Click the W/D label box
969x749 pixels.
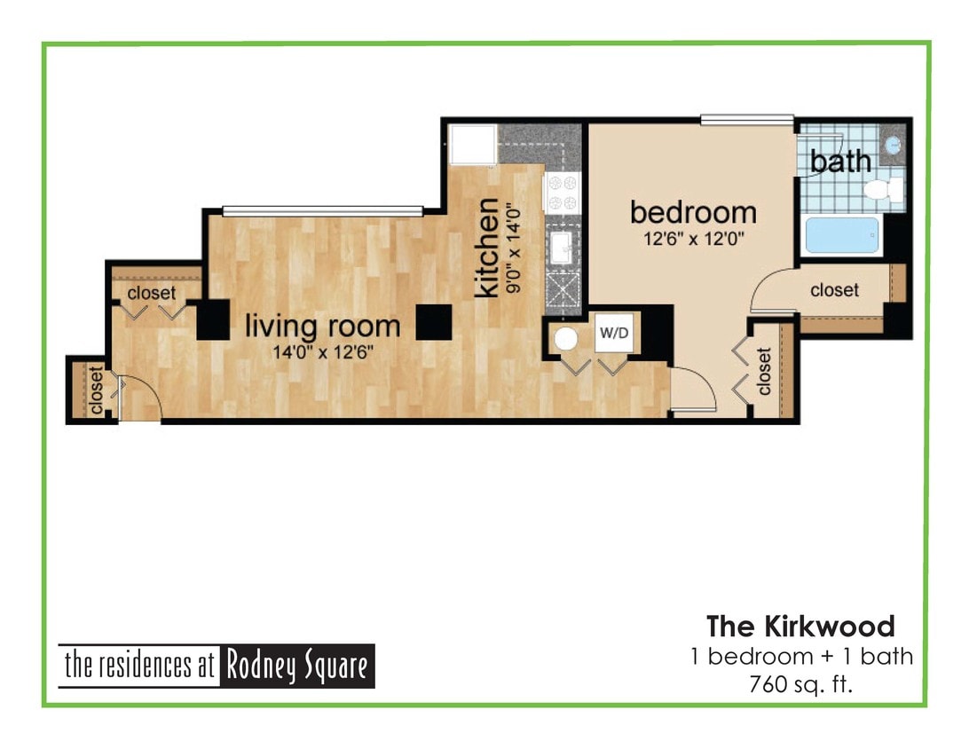(613, 335)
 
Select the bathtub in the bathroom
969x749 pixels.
(841, 235)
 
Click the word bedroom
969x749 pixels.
(693, 213)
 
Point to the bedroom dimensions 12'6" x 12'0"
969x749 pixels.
(692, 238)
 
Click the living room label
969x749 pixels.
(322, 326)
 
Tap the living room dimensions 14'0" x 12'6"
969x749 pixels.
(322, 351)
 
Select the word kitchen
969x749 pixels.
(487, 249)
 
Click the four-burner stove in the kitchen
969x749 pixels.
(561, 193)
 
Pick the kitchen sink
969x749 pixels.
(561, 246)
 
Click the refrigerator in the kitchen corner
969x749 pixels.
(471, 144)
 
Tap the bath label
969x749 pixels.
(839, 162)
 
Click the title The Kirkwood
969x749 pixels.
(800, 627)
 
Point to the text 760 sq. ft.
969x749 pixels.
(800, 685)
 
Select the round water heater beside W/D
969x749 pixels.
(566, 339)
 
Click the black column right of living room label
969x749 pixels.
(434, 322)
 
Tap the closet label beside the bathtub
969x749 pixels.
(834, 290)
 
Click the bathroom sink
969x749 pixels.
(893, 144)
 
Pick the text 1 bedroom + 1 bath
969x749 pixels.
(800, 658)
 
